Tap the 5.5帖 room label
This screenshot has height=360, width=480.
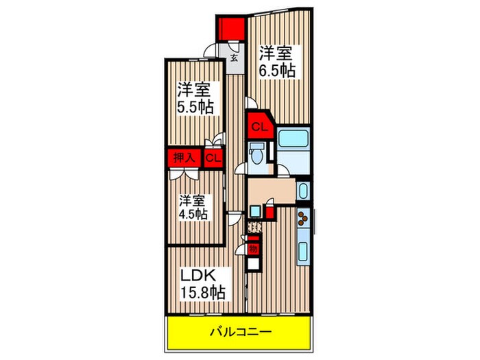pos(196,98)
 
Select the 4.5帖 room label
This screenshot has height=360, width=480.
pos(194,206)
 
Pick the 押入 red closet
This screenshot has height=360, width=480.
pos(184,158)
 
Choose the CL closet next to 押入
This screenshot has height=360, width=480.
pos(213,158)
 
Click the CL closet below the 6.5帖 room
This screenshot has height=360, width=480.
pos(259,127)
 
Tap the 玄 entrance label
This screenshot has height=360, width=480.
pos(234,58)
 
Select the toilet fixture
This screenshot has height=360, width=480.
pos(256,155)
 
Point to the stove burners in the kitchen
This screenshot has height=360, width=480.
pos(304,219)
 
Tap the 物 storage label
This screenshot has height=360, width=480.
pos(252,248)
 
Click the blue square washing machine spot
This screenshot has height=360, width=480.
pos(255,211)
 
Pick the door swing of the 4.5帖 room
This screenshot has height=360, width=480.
pos(235,219)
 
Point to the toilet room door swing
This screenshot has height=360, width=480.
pos(241,168)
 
